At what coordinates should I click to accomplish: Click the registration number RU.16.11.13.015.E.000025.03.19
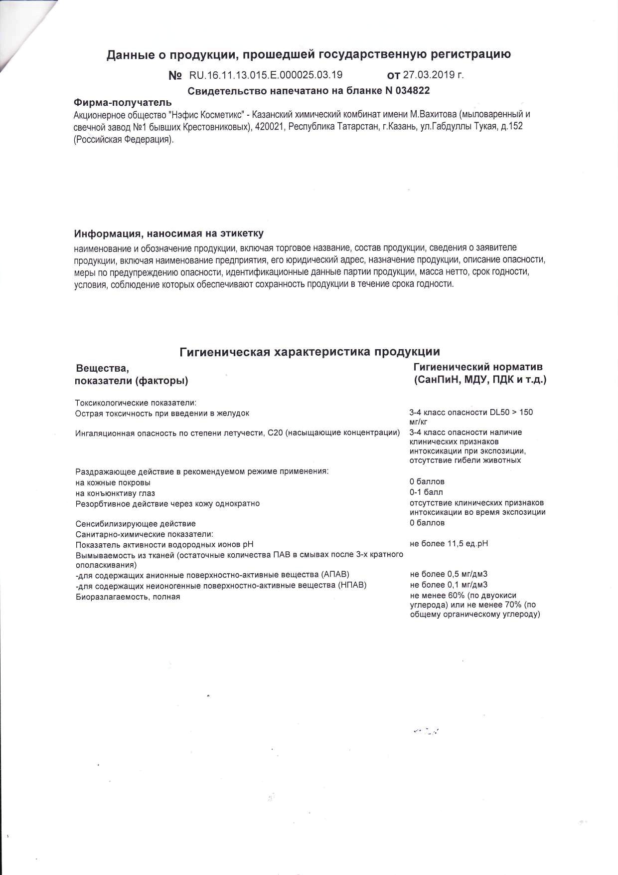tap(266, 75)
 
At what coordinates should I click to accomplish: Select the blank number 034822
tap(411, 91)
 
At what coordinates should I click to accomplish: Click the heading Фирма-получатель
tap(123, 103)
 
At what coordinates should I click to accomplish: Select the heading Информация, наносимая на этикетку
tap(169, 233)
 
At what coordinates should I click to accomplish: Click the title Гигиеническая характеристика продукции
tap(309, 352)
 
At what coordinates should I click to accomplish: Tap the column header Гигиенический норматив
tap(478, 367)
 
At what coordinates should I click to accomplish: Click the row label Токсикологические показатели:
tap(136, 403)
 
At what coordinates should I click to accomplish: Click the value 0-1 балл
tap(426, 492)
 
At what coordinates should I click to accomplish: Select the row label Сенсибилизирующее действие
tap(136, 524)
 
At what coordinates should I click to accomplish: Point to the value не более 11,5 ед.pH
tap(449, 543)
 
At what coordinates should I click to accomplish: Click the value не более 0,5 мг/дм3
tap(449, 574)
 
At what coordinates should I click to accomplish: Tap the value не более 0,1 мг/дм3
tap(449, 585)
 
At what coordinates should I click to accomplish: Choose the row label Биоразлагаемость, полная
tap(128, 597)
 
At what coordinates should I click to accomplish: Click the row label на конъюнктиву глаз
tap(115, 493)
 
